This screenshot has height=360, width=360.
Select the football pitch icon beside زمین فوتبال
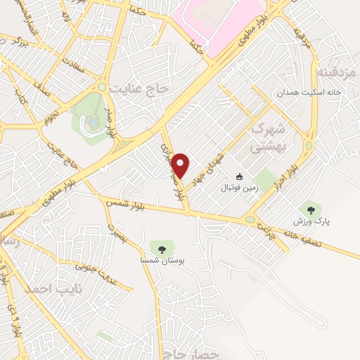(240, 176)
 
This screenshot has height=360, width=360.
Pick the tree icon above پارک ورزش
(310, 208)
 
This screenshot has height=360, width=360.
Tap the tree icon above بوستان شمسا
(162, 249)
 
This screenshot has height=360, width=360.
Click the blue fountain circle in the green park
(94, 124)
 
